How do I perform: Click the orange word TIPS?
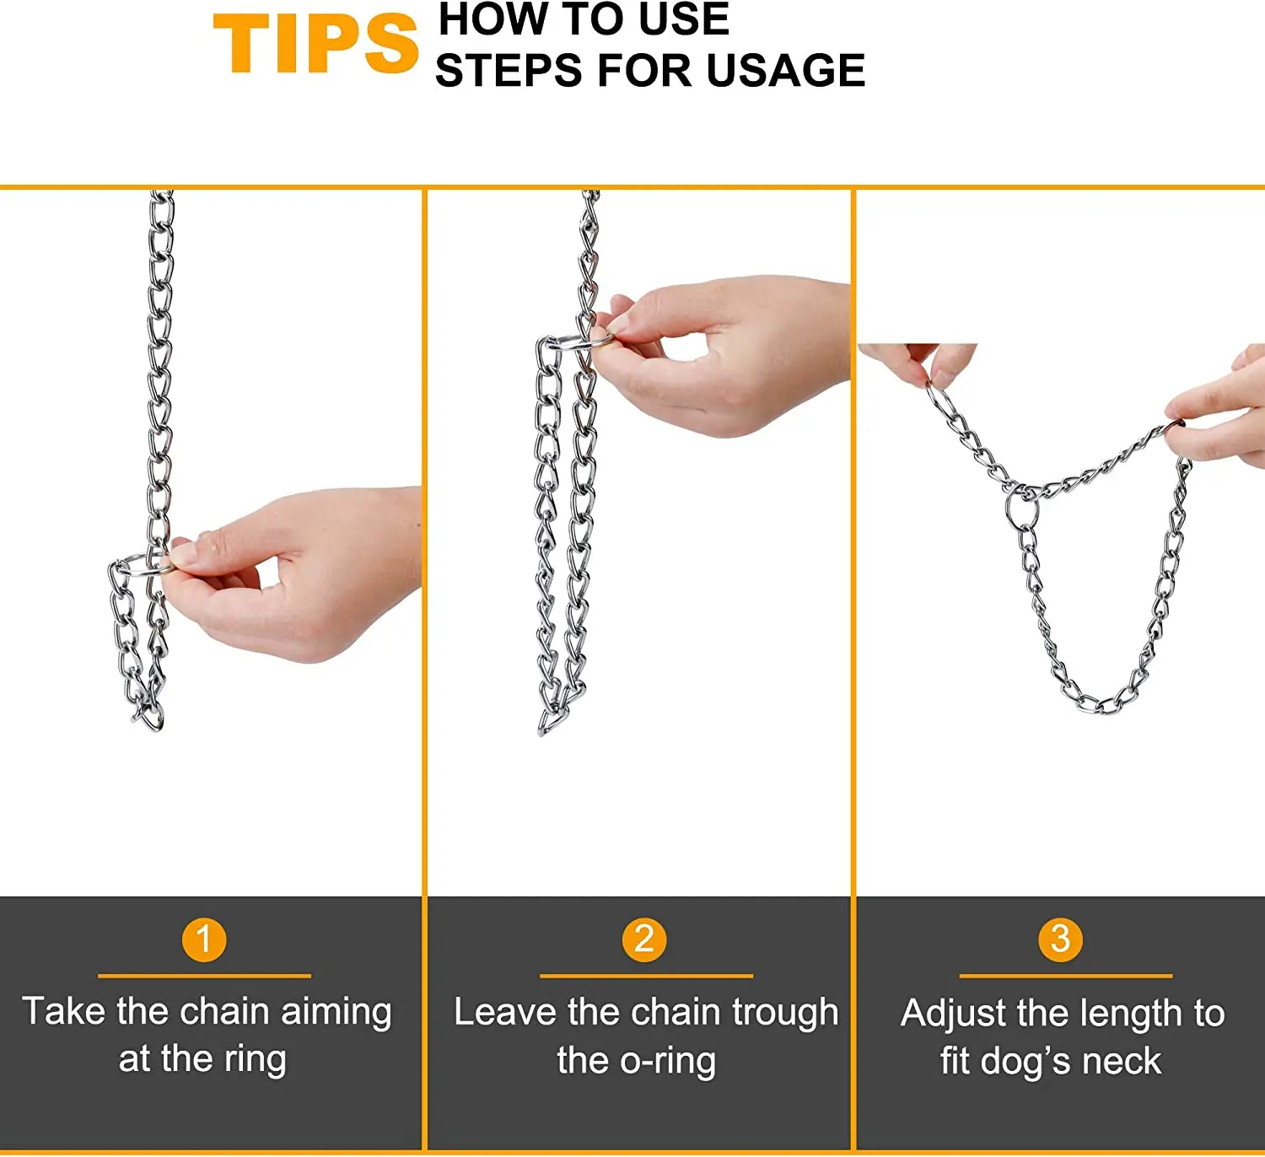[315, 45]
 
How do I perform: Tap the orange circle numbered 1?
[204, 939]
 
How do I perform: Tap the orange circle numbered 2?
[644, 939]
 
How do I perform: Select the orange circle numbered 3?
[1060, 939]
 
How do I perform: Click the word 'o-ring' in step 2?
[667, 1061]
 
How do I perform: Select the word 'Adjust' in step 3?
[953, 1014]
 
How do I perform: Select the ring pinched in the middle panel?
[582, 342]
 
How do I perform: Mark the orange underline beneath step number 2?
[646, 976]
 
